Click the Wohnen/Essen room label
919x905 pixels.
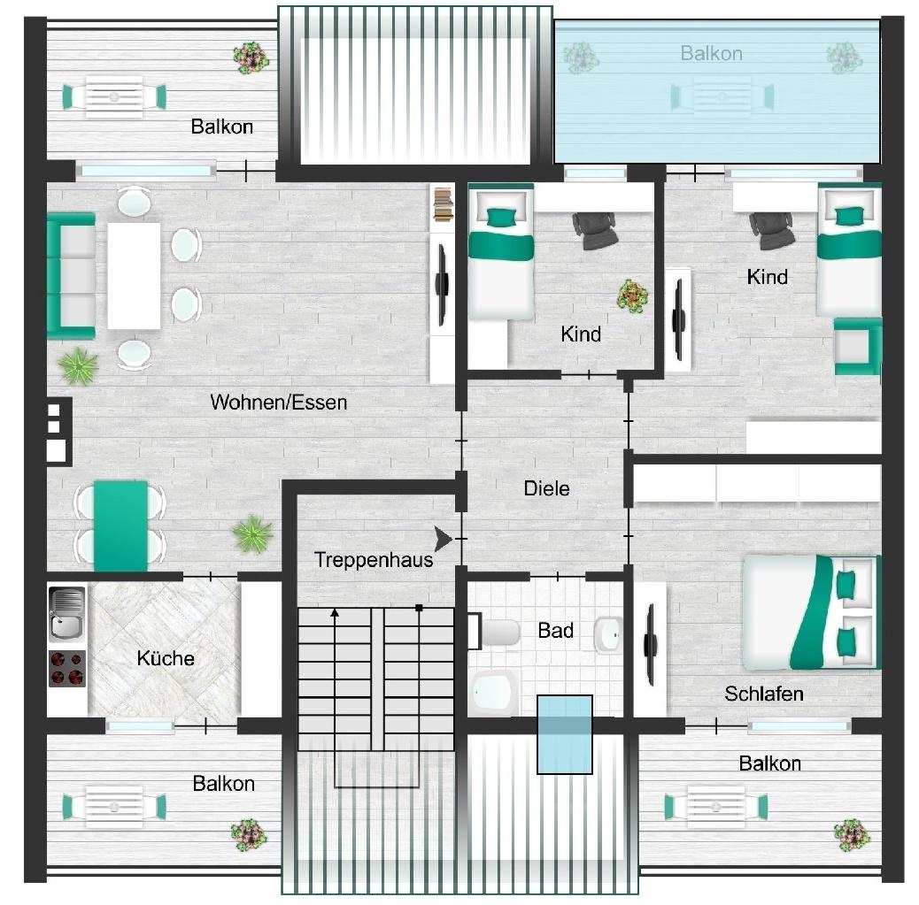[278, 403]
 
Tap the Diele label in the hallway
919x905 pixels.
[546, 487]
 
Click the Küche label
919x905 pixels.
[166, 658]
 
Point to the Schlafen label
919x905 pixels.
[763, 694]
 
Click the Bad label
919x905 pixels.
[555, 631]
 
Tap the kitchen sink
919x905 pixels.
[67, 612]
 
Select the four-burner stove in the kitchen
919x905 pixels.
[67, 668]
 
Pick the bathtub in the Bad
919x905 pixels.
[492, 691]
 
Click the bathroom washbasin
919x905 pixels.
[607, 633]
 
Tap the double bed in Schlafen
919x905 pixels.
[810, 611]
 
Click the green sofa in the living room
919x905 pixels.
[71, 275]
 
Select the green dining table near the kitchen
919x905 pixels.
[120, 526]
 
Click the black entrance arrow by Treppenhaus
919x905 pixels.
[444, 537]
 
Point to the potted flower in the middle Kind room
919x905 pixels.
[632, 295]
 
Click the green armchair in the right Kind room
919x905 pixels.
[858, 346]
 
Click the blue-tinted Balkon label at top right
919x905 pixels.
[711, 53]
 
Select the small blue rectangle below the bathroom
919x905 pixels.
[565, 734]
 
